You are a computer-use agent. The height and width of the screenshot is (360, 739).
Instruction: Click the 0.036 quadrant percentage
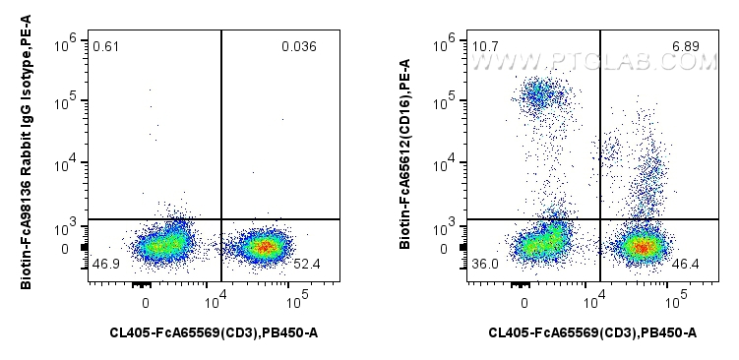pos(297,46)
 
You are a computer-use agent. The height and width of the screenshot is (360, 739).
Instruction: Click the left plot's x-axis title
pos(214,333)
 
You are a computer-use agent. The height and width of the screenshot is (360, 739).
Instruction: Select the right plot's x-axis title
pos(592,333)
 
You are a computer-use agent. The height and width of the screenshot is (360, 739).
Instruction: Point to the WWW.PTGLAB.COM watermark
pos(592,63)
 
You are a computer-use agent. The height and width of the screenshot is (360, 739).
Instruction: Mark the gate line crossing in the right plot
pos(599,218)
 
